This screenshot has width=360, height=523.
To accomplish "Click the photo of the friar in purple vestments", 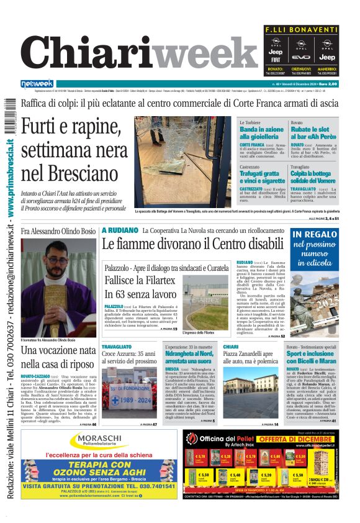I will [59, 285].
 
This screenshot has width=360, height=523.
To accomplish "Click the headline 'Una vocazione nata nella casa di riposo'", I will [58, 357].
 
